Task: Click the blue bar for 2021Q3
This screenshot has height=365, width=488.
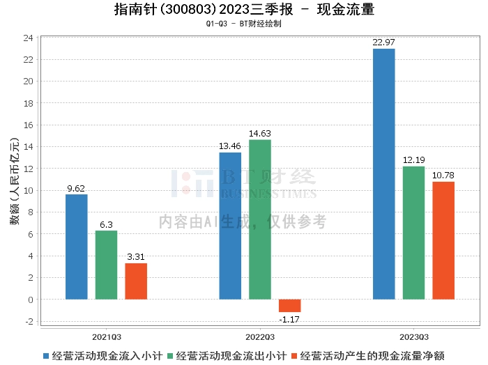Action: [77, 247]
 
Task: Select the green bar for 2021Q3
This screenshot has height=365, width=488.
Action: [107, 265]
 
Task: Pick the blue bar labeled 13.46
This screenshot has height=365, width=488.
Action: [230, 226]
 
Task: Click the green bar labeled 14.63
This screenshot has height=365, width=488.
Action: [260, 219]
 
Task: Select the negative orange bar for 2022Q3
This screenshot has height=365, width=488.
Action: [290, 305]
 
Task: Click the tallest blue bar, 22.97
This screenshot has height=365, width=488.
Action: [383, 174]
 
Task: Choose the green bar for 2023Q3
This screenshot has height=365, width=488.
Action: [413, 233]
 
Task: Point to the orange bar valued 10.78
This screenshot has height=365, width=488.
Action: [443, 240]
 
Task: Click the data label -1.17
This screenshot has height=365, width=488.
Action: [290, 319]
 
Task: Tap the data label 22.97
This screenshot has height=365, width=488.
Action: [383, 43]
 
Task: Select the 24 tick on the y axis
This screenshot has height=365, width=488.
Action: [29, 38]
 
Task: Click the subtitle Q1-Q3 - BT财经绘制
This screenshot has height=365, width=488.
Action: [244, 24]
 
